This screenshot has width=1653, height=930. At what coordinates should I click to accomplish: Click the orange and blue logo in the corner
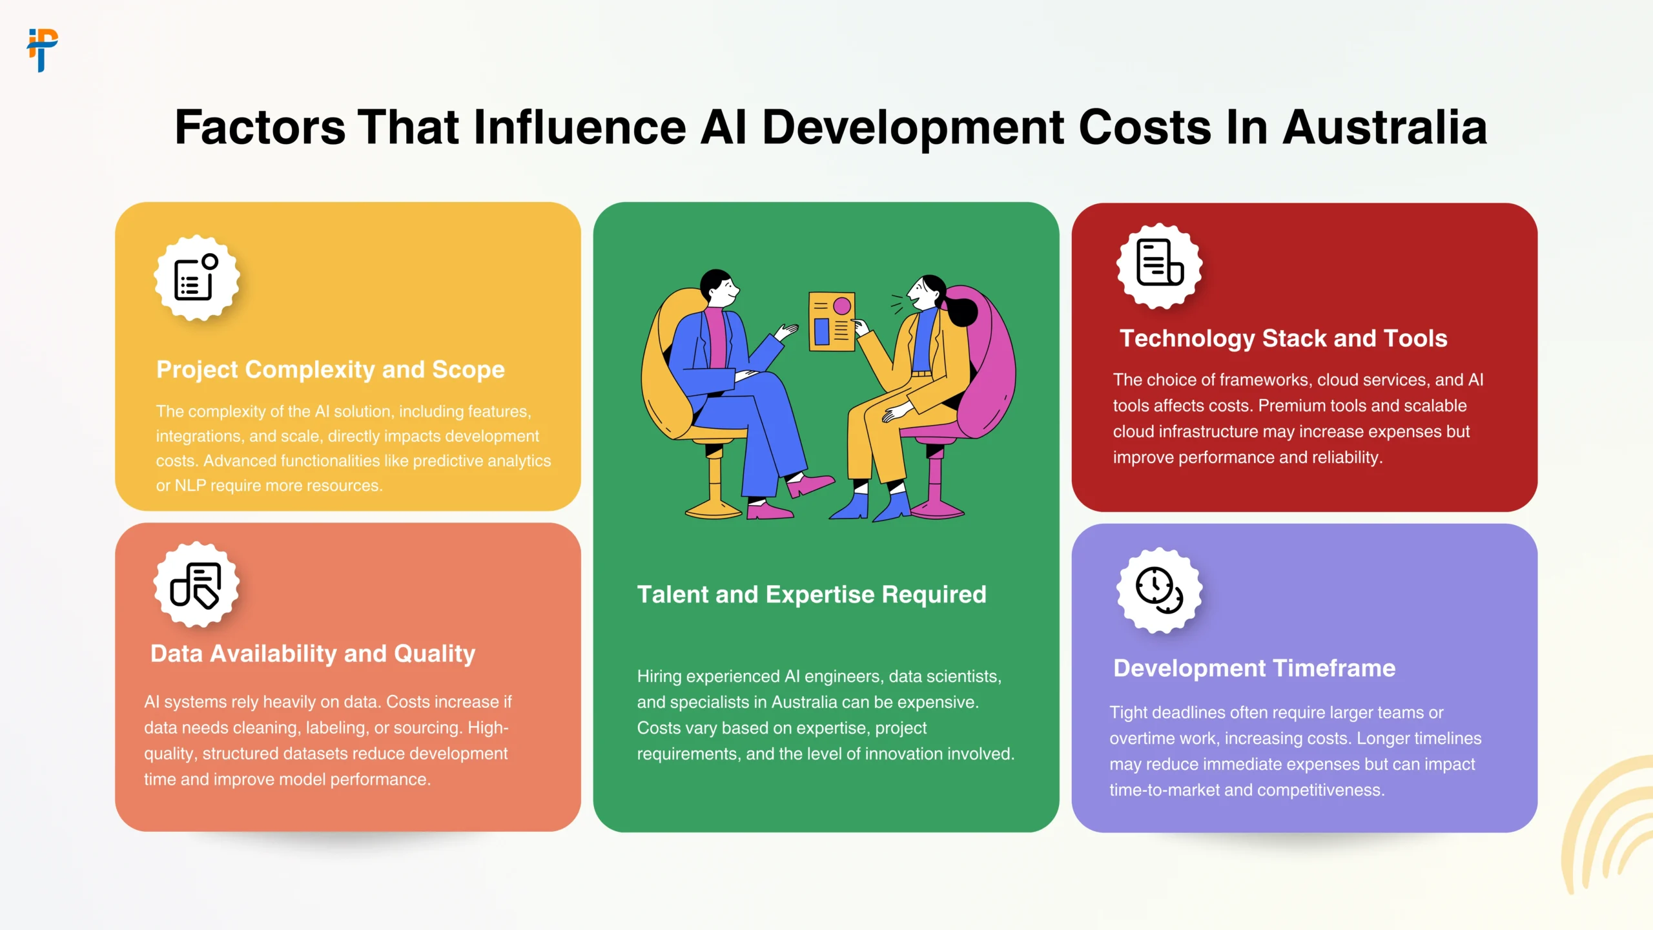pyautogui.click(x=43, y=50)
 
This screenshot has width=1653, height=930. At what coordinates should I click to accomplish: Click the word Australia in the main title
pyautogui.click(x=1384, y=127)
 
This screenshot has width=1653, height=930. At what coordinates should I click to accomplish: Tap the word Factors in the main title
pyautogui.click(x=260, y=127)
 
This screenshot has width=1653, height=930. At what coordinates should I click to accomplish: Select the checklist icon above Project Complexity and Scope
pyautogui.click(x=197, y=278)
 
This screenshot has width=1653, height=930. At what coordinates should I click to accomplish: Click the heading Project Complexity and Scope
pyautogui.click(x=330, y=369)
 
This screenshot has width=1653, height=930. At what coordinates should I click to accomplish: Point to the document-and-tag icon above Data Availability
pyautogui.click(x=196, y=585)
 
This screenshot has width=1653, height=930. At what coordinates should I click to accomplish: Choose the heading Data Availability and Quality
pyautogui.click(x=313, y=654)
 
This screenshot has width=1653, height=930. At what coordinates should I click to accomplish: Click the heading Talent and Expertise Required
pyautogui.click(x=812, y=594)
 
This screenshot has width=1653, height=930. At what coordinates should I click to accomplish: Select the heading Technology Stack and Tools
pyautogui.click(x=1283, y=338)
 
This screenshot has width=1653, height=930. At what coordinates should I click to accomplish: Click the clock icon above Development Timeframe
pyautogui.click(x=1160, y=590)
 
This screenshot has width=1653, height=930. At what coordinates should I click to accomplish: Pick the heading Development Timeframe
pyautogui.click(x=1254, y=668)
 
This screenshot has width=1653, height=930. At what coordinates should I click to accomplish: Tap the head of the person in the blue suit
pyautogui.click(x=718, y=287)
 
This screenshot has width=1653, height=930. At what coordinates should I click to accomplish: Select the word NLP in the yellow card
pyautogui.click(x=190, y=486)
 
